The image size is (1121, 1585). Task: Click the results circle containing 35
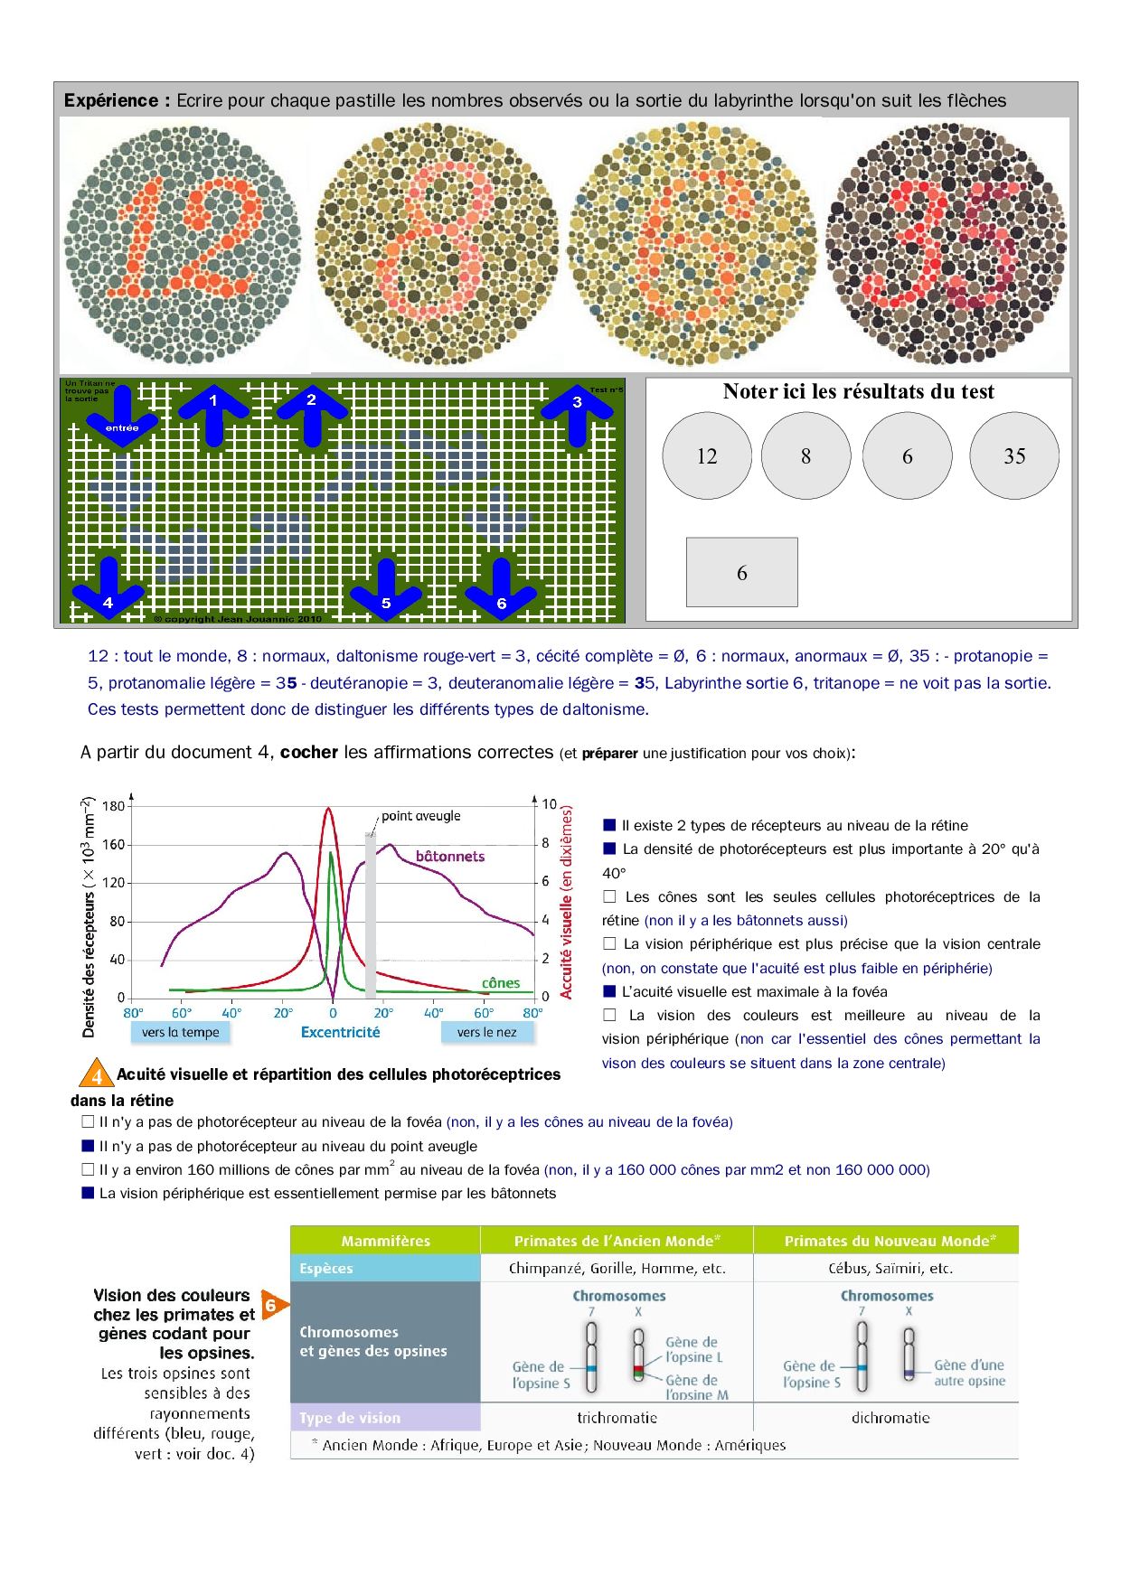1013,456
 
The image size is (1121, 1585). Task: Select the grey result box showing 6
741,572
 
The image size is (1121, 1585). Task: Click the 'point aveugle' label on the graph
420,816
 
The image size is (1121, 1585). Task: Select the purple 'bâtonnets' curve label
450,856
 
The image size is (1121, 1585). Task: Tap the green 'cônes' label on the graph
501,983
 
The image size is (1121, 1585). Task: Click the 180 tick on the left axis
113,806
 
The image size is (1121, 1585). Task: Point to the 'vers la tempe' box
180,1032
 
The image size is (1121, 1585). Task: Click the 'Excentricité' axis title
340,1032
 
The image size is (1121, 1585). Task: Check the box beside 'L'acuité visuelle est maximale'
609,991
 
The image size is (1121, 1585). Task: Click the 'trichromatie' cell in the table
617,1418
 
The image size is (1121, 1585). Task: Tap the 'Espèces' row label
326,1268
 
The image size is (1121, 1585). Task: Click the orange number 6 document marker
272,1306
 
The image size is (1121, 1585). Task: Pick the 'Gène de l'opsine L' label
692,1349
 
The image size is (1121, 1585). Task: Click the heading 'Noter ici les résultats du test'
858,391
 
